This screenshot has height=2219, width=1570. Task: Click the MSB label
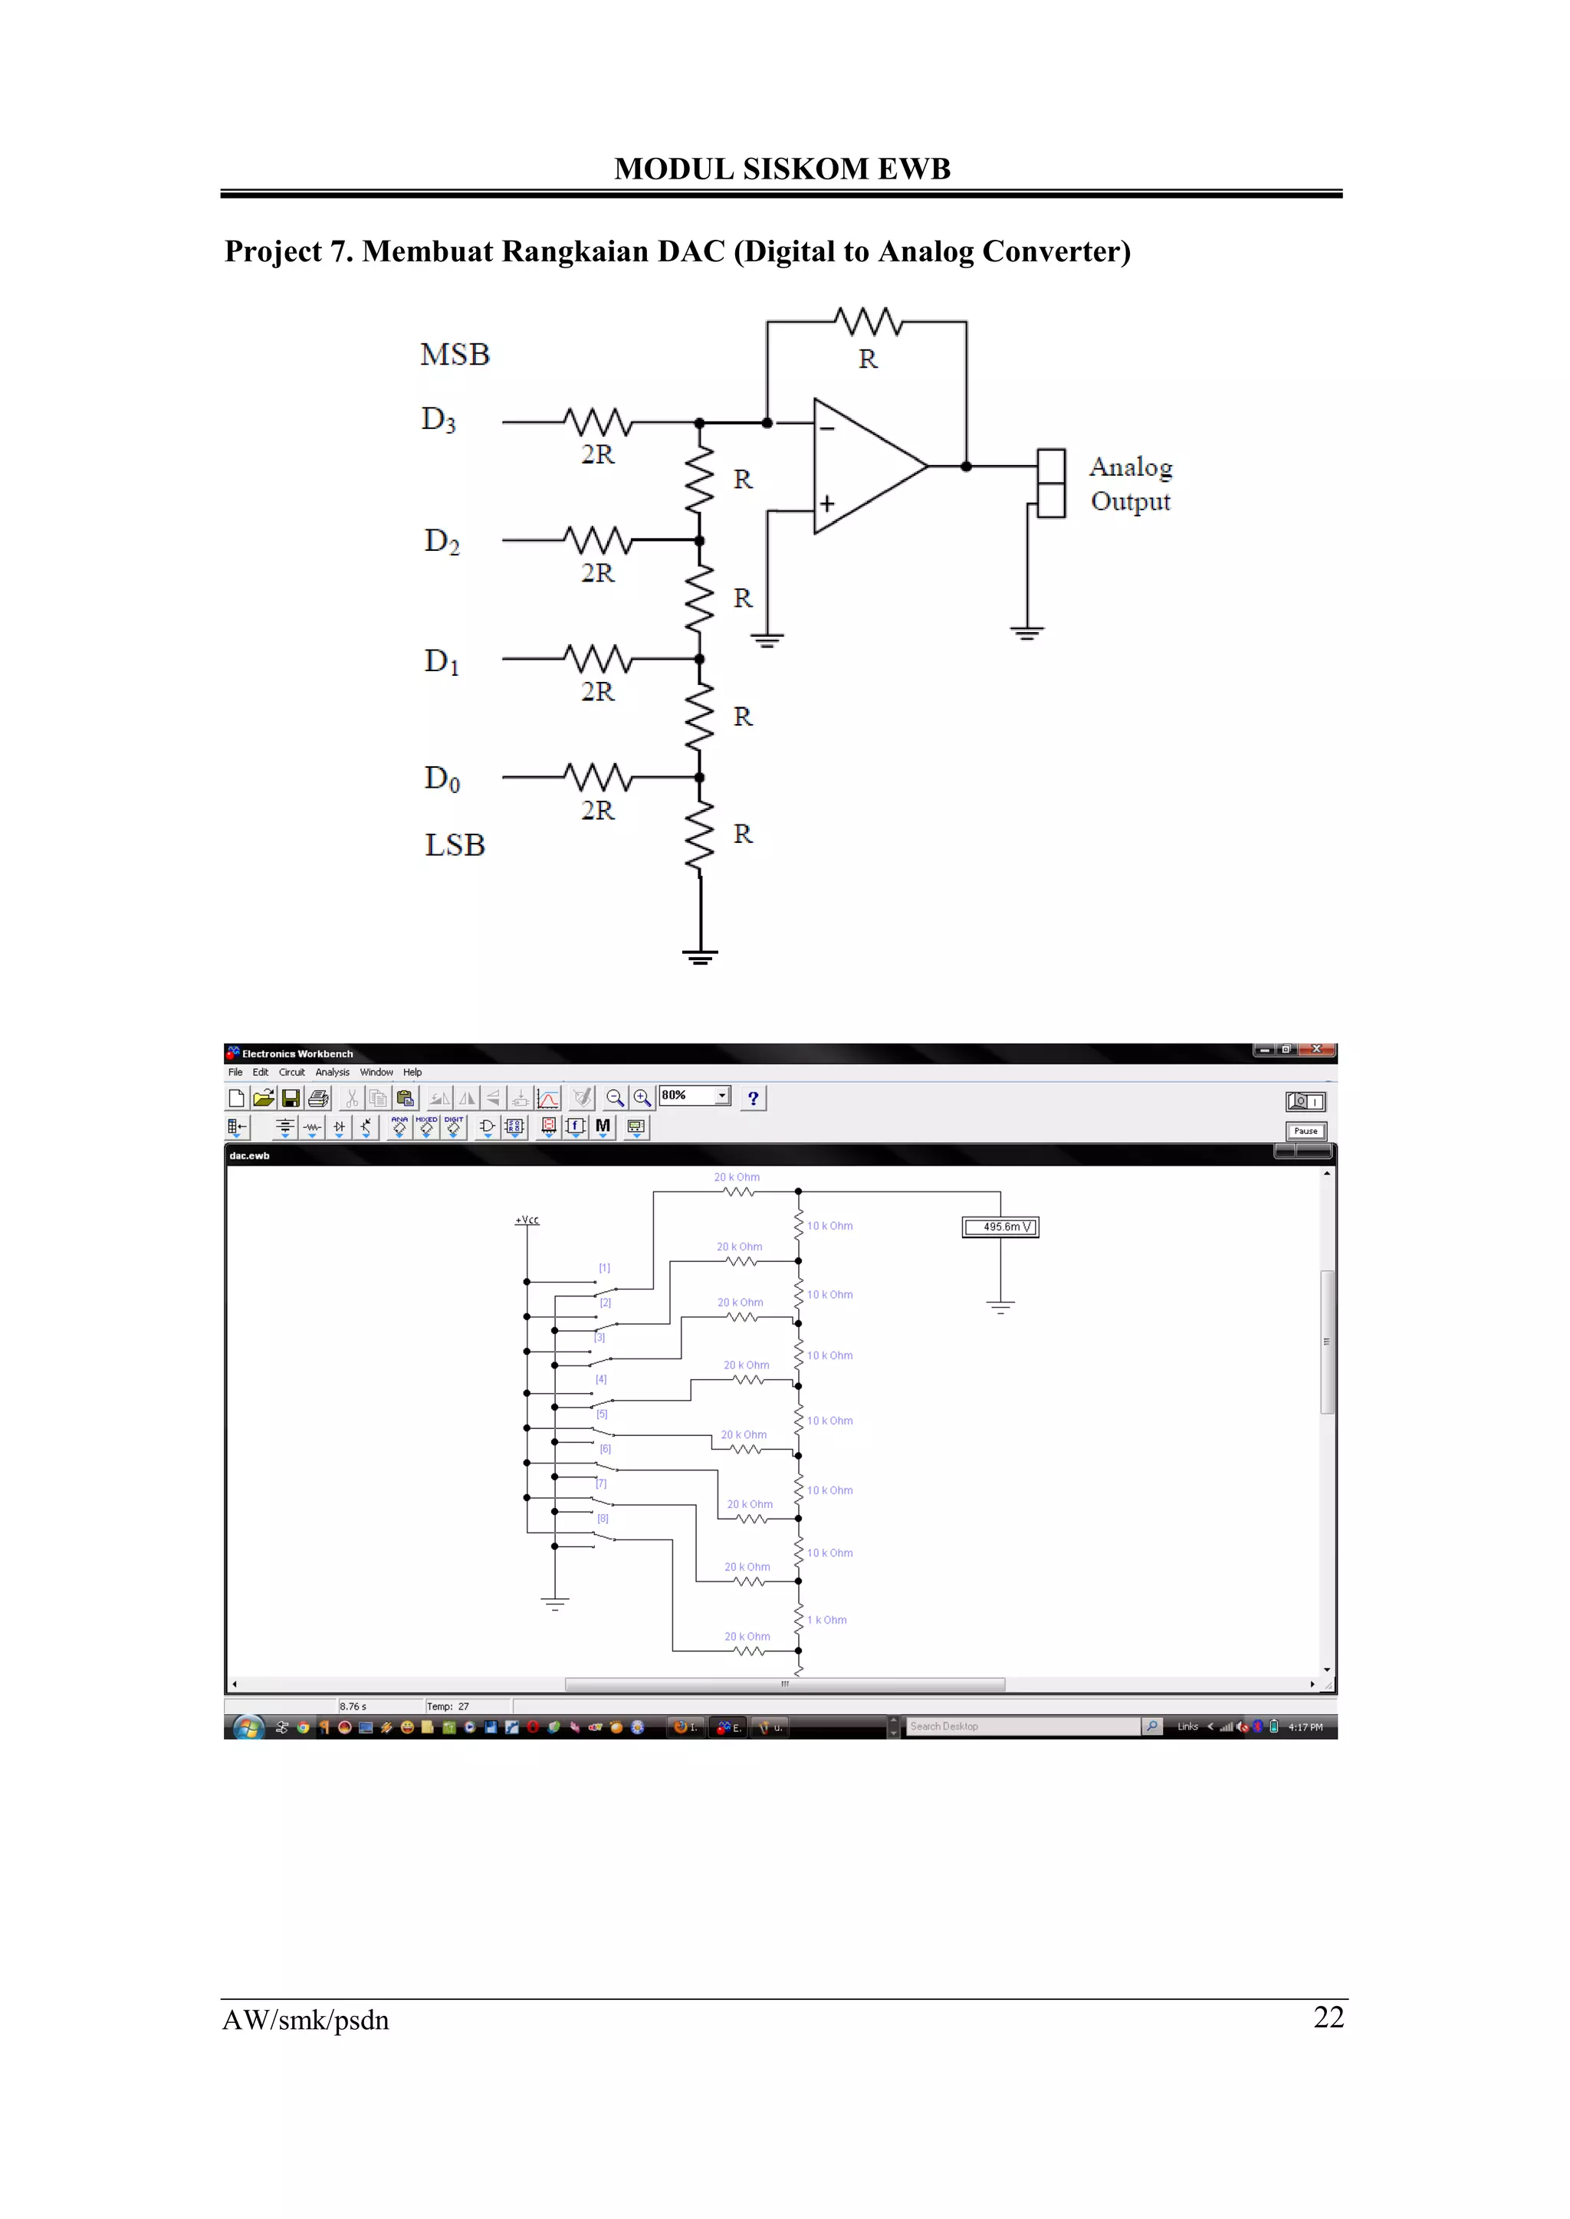(455, 355)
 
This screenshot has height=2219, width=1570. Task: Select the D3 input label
(438, 419)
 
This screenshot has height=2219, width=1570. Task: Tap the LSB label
(455, 844)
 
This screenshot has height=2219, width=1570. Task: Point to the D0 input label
(442, 778)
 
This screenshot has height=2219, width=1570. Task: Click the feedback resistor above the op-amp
(868, 322)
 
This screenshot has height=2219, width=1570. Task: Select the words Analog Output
(1130, 484)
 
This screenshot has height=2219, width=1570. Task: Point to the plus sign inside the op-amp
(827, 504)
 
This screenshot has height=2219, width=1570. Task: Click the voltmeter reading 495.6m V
(1000, 1227)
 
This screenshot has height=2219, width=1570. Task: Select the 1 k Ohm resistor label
(827, 1620)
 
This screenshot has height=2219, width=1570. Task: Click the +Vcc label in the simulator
(527, 1220)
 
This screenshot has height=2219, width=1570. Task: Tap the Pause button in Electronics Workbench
(1305, 1131)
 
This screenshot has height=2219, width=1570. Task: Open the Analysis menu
(332, 1072)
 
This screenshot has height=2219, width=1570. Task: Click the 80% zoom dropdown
(694, 1095)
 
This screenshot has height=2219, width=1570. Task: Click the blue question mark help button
(753, 1098)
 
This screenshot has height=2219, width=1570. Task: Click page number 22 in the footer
(1329, 2017)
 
